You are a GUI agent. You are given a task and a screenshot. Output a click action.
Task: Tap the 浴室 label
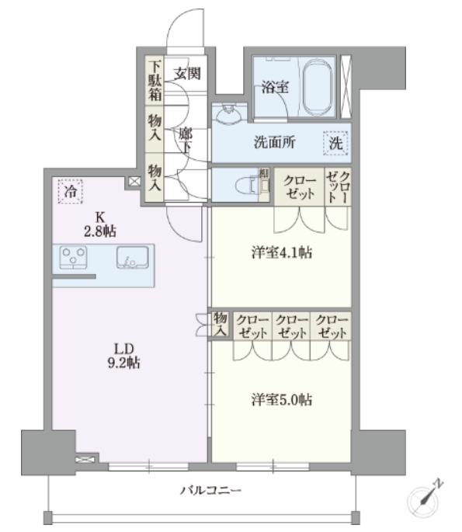tap(275, 87)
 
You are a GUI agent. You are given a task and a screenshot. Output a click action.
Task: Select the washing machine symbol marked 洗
tap(336, 143)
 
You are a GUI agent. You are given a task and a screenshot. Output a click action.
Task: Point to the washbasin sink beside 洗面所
tap(230, 117)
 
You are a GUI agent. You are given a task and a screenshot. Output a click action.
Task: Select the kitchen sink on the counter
tap(132, 257)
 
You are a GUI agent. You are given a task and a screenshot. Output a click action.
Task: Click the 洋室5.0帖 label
tap(282, 399)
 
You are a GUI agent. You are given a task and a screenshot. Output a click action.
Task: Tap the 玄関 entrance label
tap(187, 75)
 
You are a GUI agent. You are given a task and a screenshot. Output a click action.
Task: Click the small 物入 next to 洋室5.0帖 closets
tap(220, 325)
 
